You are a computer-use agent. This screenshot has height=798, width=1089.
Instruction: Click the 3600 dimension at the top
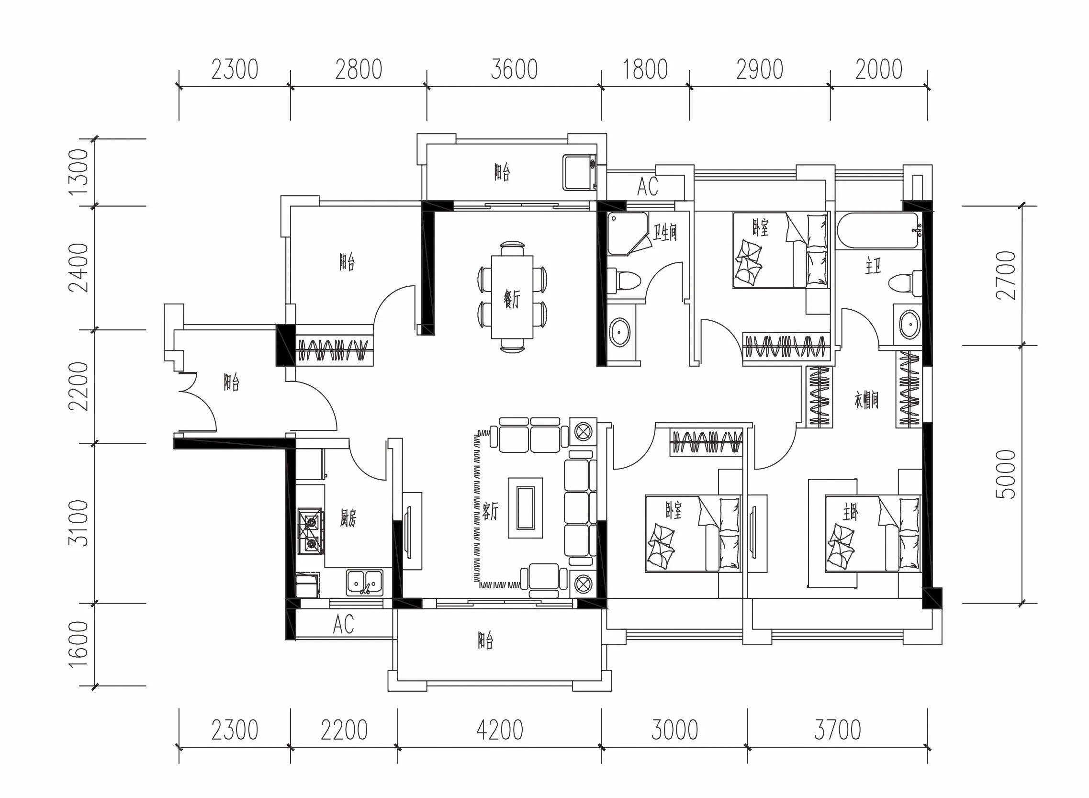[514, 69]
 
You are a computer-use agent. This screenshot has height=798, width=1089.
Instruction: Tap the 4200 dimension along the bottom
[499, 731]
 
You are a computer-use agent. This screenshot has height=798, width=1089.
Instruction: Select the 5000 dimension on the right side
[1007, 474]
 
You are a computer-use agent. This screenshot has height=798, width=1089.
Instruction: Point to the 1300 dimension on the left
[79, 171]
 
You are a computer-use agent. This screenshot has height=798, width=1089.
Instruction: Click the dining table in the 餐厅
[512, 297]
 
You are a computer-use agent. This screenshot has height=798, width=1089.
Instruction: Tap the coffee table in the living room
[526, 508]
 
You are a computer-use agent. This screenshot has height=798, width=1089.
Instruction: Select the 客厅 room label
[490, 511]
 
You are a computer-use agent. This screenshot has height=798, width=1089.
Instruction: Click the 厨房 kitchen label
[348, 519]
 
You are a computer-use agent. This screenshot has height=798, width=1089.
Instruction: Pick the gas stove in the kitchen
[310, 532]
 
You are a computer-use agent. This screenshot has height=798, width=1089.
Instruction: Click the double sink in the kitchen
[365, 583]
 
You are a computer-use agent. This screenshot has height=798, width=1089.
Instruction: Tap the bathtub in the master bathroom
[877, 231]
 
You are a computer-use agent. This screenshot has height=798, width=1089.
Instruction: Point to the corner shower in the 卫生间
[628, 233]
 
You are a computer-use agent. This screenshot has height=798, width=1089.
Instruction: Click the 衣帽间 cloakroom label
[867, 400]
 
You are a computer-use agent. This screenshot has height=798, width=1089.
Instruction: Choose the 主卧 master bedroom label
[851, 513]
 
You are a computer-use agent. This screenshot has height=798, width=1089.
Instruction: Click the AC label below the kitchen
[343, 624]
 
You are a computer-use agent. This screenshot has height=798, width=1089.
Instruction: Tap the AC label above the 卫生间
[647, 187]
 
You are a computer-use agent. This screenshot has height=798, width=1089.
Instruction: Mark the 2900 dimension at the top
[759, 69]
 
